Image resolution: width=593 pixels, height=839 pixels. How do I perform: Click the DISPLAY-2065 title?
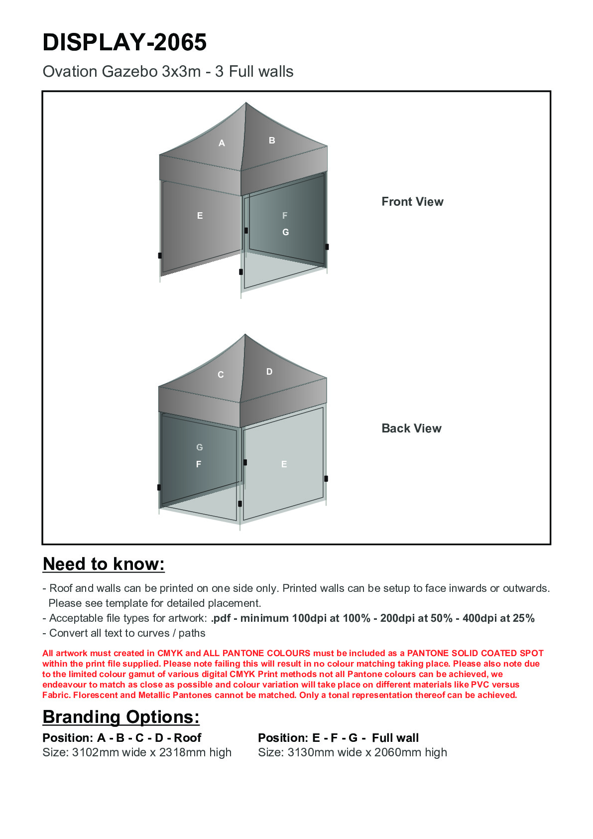click(x=124, y=42)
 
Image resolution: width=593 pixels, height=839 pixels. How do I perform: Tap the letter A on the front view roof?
click(x=222, y=143)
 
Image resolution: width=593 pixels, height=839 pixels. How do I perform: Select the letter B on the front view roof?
click(x=272, y=140)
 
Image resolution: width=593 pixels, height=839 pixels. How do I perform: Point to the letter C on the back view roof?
click(x=221, y=375)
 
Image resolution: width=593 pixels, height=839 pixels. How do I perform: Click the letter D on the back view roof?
click(x=269, y=372)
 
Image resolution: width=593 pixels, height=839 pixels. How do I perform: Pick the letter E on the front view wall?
click(x=200, y=216)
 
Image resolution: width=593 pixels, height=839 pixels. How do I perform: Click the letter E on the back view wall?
click(x=284, y=464)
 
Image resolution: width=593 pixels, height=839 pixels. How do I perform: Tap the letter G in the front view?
click(x=285, y=232)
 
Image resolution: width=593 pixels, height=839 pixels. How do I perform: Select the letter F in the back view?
click(x=199, y=464)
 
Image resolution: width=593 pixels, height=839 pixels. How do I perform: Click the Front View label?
click(x=412, y=202)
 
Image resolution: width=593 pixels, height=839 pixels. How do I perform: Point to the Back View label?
click(x=411, y=428)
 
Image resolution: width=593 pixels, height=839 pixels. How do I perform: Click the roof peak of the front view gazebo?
click(x=246, y=103)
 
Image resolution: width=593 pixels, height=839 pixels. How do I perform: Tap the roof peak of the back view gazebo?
click(x=245, y=335)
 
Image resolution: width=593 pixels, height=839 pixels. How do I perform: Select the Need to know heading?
click(x=104, y=564)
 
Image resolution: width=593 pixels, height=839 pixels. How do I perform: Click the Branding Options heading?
click(x=121, y=717)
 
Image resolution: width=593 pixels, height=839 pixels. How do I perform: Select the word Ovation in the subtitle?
click(x=70, y=72)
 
